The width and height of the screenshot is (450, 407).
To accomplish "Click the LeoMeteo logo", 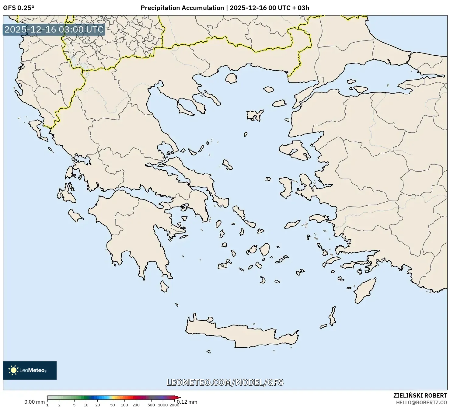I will coord(30,370).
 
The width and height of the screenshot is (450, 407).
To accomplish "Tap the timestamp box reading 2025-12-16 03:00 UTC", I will coord(54,30).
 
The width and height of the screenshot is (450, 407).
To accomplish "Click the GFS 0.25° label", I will coord(19,8).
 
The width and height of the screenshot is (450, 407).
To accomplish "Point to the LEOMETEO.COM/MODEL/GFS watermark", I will coord(225,382).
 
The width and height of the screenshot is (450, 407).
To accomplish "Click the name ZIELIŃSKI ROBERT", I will coord(420,396).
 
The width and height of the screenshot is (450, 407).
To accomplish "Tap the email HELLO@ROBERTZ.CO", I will coord(423,402).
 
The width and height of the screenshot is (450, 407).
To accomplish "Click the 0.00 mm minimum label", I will coord(34,402).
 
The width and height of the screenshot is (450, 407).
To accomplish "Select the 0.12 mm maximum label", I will coord(188,402).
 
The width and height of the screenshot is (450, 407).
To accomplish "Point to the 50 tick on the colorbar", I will coord(113,405).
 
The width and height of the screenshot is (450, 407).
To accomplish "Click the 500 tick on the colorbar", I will coord(151,405).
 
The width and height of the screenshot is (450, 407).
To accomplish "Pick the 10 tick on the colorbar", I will coord(86,405).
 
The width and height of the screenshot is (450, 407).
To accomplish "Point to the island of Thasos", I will coord(231,78).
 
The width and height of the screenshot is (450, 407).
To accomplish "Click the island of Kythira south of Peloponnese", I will coord(164,286).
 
